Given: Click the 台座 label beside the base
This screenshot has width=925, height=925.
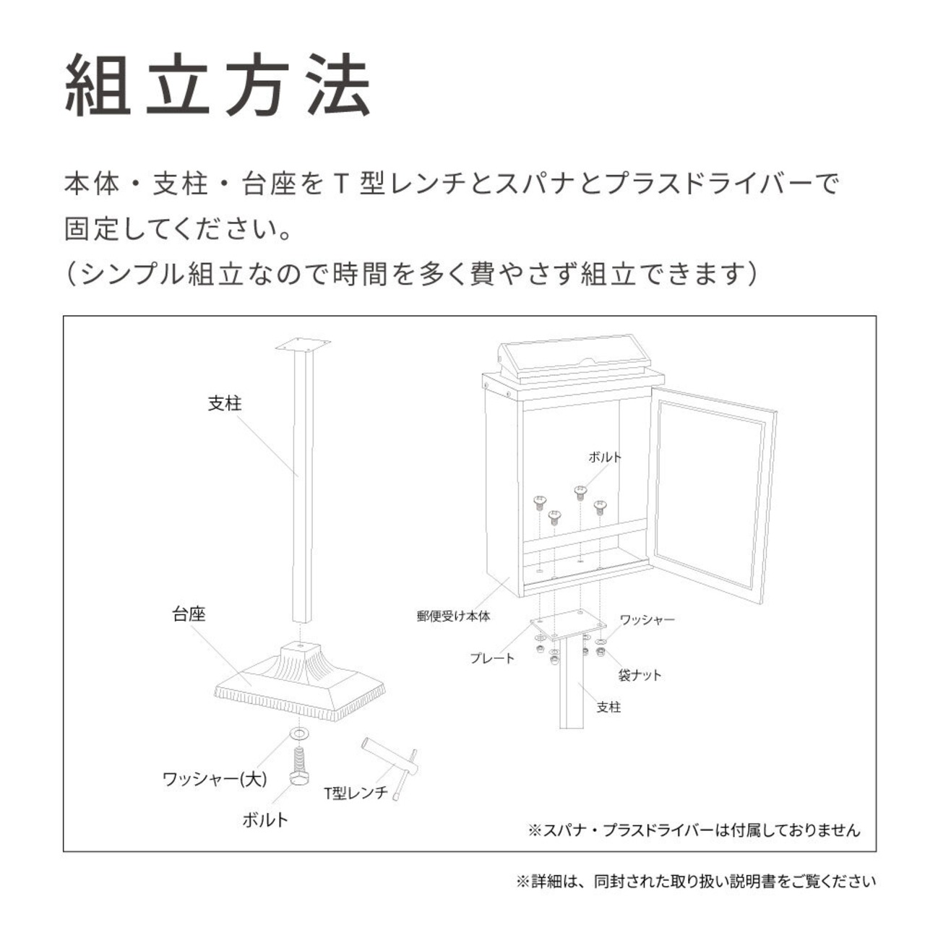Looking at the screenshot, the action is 189,614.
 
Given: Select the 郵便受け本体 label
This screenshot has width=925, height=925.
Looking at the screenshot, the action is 454,616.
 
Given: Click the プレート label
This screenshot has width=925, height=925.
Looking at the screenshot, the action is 492,658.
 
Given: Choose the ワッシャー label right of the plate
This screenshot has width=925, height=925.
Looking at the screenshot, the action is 647,620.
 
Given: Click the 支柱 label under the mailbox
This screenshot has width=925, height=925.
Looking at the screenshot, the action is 608,707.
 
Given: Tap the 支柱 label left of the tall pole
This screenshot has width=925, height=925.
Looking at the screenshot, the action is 225,403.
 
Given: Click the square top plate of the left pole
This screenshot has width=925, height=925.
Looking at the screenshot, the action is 303,345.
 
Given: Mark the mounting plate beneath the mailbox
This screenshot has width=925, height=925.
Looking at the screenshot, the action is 568,625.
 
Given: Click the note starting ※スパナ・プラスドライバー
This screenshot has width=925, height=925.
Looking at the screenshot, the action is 694,830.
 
